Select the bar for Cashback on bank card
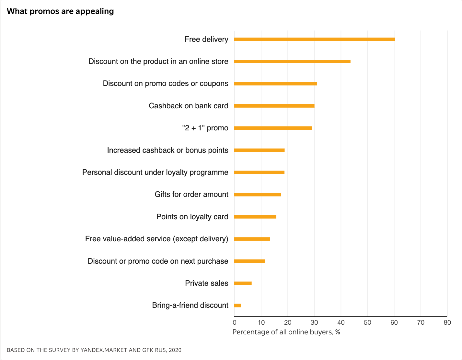tap(274, 106)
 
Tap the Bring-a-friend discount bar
tap(237, 306)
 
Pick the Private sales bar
tap(243, 283)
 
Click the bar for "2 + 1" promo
tap(273, 128)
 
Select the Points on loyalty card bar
tap(255, 217)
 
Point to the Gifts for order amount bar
tap(258, 195)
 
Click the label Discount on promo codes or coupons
tap(165, 84)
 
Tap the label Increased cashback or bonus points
tap(167, 150)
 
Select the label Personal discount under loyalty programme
tap(155, 173)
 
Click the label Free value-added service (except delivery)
tap(156, 239)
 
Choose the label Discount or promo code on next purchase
tap(158, 261)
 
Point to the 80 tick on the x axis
tap(447, 323)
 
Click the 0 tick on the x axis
tap(235, 323)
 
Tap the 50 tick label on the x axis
tap(367, 323)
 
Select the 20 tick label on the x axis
tap(288, 323)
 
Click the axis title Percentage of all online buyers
tap(286, 332)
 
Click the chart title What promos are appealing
tap(60, 11)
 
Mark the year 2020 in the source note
tap(175, 350)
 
